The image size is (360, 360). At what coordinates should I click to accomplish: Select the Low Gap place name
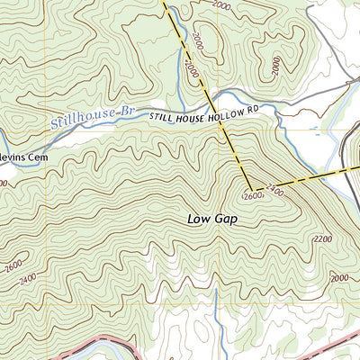pos(212,218)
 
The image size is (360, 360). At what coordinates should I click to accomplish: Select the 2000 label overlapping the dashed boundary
pos(191,66)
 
